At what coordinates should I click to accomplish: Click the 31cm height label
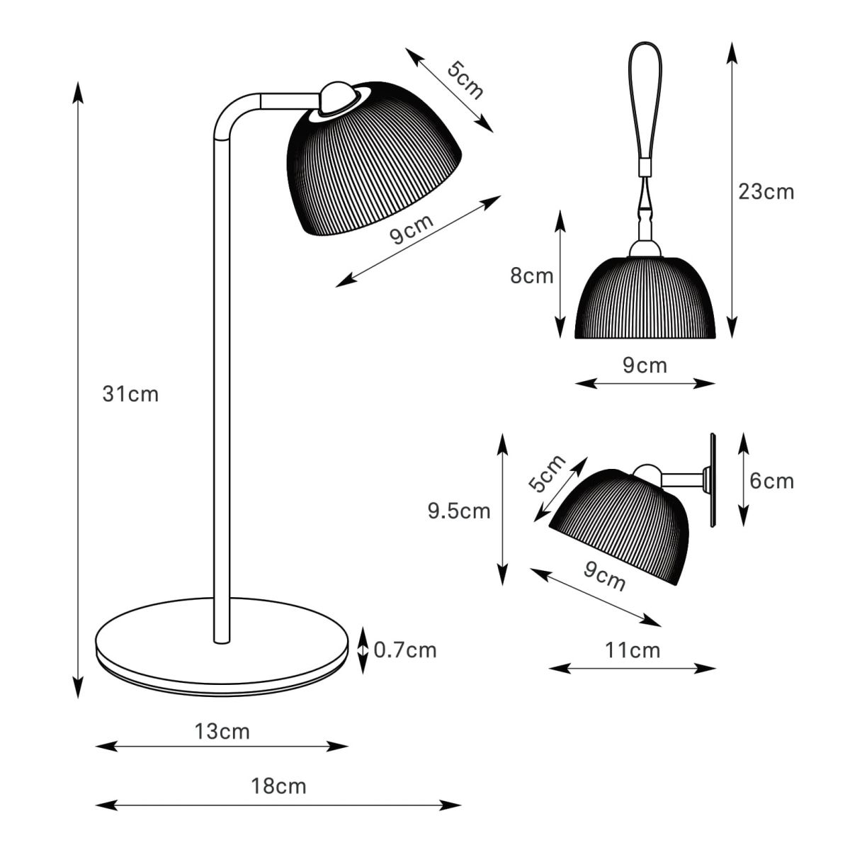(130, 394)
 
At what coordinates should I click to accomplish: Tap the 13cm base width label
(222, 732)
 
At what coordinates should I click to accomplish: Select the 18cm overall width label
(278, 786)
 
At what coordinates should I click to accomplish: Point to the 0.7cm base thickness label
(405, 650)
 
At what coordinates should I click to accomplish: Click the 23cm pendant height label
(766, 192)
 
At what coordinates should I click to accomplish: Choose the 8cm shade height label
(531, 276)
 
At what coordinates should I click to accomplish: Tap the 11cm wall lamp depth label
(632, 650)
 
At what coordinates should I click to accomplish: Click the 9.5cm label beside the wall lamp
(459, 511)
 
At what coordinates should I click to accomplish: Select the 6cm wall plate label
(771, 480)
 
